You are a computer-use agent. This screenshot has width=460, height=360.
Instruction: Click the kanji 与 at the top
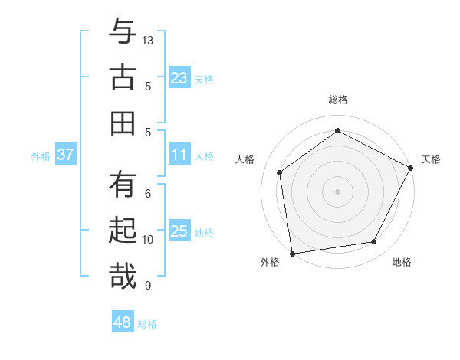123,33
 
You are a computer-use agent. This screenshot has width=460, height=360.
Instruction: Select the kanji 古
123,77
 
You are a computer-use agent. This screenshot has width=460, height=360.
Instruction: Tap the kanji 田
123,123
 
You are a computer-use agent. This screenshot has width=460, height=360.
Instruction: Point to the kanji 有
123,185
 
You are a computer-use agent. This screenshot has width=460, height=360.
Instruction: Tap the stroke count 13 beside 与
149,40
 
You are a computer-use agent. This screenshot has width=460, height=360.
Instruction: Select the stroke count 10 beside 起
148,240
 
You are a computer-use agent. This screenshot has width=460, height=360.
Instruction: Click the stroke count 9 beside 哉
148,286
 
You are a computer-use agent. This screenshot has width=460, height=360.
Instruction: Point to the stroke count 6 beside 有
148,194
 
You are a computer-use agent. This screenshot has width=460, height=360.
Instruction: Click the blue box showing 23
179,78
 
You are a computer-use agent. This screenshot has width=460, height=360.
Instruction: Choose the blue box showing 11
179,155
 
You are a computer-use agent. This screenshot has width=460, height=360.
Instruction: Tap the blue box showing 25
179,232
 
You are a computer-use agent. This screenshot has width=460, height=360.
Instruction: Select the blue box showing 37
65,155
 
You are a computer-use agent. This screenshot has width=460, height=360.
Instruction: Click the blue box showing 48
122,323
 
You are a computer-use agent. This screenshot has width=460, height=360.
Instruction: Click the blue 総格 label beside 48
148,324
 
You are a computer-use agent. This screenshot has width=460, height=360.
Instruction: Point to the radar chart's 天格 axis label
432,159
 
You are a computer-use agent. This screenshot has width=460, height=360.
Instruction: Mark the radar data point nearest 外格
292,253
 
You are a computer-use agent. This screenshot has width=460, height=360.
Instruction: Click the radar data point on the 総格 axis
337,130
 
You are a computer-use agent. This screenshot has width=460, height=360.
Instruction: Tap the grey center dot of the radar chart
337,191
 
